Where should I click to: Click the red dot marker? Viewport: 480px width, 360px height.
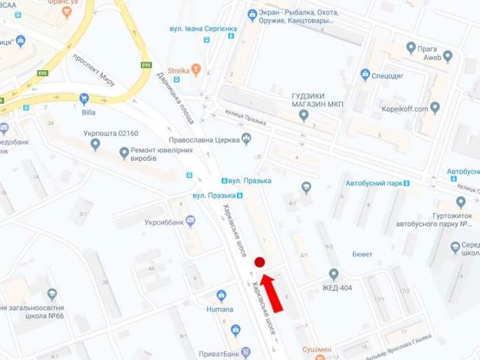(x=259, y=261)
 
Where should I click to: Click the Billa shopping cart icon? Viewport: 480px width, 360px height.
(x=84, y=98)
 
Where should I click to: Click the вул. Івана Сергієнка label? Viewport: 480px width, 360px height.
(x=208, y=29)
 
